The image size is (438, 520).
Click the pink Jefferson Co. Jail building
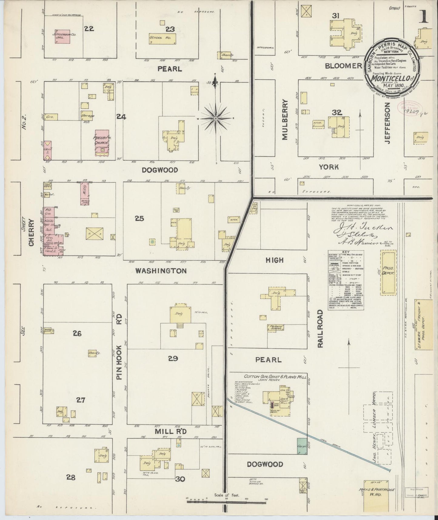pyautogui.click(x=63, y=37)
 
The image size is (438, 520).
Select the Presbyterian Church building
pyautogui.click(x=102, y=142)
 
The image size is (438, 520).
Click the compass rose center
pyautogui.click(x=216, y=118)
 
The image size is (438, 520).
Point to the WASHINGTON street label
pyautogui.click(x=161, y=271)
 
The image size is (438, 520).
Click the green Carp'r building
pyautogui.click(x=302, y=446)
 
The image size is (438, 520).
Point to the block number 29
pyautogui.click(x=173, y=359)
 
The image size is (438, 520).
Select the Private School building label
pyautogui.click(x=275, y=328)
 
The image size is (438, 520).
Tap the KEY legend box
pyautogui.click(x=346, y=281)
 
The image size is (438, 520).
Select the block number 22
pyautogui.click(x=89, y=29)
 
